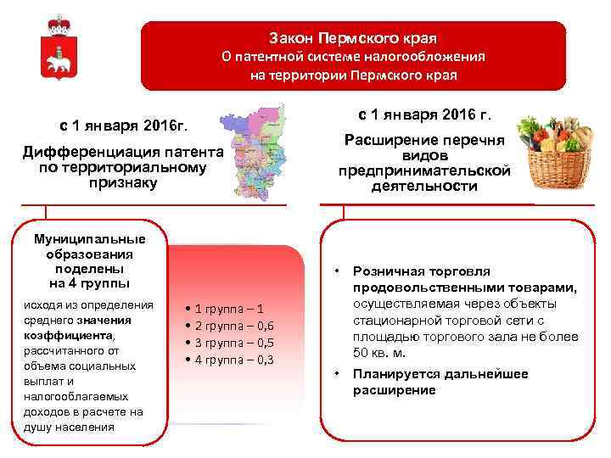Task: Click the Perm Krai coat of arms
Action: [x=59, y=49]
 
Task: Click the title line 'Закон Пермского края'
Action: [x=353, y=39]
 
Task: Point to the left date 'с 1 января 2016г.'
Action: [x=124, y=126]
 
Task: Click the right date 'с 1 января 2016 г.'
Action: [x=425, y=114]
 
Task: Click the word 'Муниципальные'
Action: [x=88, y=239]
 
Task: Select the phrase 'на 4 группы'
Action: [x=88, y=282]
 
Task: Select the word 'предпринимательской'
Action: [x=425, y=170]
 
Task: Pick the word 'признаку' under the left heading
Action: [x=123, y=182]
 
